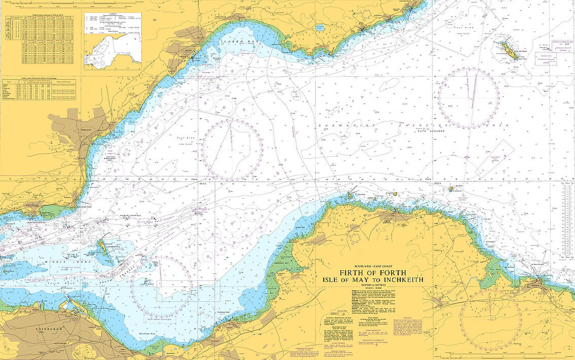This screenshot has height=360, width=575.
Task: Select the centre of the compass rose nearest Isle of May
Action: pos(468,98)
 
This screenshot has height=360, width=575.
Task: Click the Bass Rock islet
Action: pos(450,189)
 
